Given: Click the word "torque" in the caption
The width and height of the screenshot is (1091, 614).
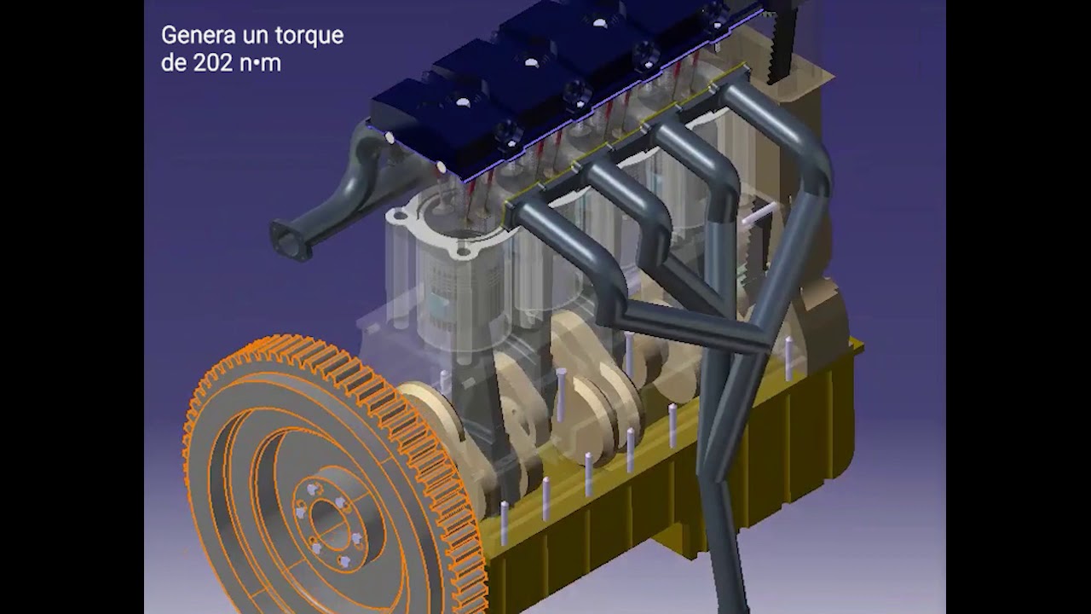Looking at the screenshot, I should click(x=307, y=37).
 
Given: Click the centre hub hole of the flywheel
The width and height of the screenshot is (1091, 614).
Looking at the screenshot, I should click(x=326, y=515).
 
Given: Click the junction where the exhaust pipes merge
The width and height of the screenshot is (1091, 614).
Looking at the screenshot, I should click(x=750, y=341).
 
